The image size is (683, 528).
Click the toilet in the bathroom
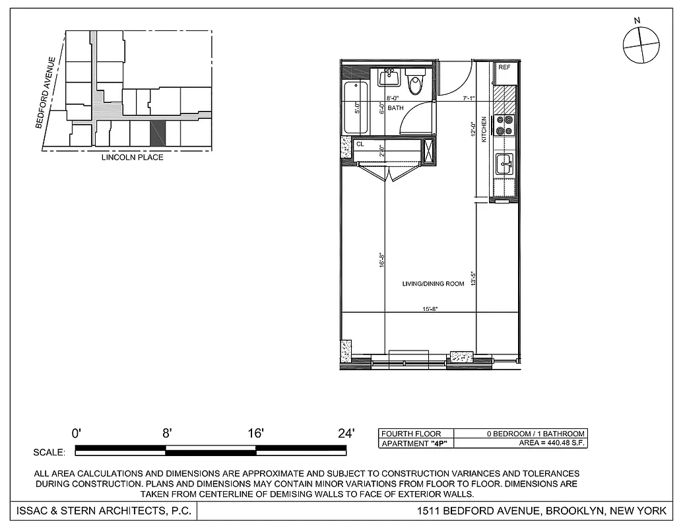point(415,84)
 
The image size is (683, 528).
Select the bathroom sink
point(389,77)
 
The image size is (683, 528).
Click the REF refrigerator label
point(505,67)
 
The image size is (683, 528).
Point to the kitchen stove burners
point(505,125)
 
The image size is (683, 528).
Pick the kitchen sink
point(505,163)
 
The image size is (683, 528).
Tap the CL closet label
point(360,143)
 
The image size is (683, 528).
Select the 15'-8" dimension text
point(430,308)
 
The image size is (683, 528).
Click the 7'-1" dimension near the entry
point(469,98)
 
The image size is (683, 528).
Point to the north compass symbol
point(641,45)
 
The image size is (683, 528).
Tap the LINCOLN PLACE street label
point(132,158)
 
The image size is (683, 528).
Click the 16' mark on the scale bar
point(255,434)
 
